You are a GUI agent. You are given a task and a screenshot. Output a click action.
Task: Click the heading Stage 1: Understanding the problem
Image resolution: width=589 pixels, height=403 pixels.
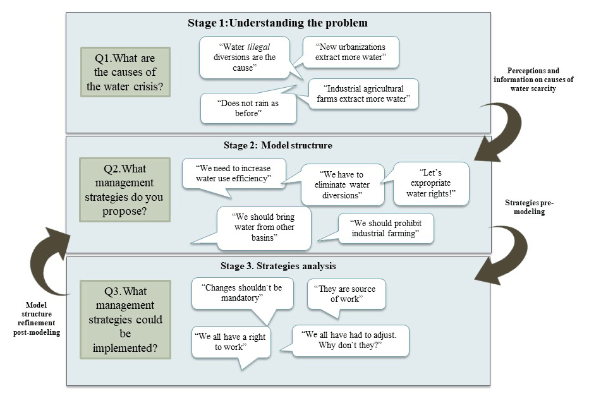pos(277,23)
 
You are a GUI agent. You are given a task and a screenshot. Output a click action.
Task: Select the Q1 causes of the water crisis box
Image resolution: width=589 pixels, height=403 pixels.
pos(125,72)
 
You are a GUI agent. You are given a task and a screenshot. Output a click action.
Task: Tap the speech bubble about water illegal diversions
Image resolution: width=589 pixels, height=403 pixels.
pos(244,57)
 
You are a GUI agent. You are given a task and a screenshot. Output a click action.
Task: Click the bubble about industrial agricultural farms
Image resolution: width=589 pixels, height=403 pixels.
pos(363,93)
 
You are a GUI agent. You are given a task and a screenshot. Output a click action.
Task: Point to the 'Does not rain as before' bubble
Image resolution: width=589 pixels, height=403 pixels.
pos(248,108)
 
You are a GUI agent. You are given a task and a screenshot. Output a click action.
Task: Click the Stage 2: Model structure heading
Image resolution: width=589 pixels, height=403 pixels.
pos(277,145)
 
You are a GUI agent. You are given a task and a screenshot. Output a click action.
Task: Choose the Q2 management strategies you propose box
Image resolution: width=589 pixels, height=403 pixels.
pos(125,189)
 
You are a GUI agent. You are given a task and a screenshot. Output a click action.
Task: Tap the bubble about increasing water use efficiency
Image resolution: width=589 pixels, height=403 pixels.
pos(234,174)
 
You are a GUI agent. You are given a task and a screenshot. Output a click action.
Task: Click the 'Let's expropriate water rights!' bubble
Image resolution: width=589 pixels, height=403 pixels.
pos(431,183)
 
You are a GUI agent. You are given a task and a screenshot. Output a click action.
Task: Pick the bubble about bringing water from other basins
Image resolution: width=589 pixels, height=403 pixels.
pos(264,227)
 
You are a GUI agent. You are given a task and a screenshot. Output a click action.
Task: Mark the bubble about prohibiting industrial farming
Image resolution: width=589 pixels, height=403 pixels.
pos(386,229)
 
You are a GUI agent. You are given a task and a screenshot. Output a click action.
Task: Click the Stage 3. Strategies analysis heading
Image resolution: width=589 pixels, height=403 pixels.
pos(277,266)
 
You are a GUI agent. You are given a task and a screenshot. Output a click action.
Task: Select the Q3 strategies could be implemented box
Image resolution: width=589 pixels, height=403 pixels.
pos(125,319)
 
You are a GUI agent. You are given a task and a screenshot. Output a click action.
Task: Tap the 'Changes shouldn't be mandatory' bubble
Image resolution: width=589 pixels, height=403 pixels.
pos(243,292)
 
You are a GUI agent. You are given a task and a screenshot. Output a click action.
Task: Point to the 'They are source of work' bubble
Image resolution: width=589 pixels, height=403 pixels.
pos(346,294)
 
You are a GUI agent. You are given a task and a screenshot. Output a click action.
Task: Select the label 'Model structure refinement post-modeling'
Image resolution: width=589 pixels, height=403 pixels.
pos(37,318)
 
